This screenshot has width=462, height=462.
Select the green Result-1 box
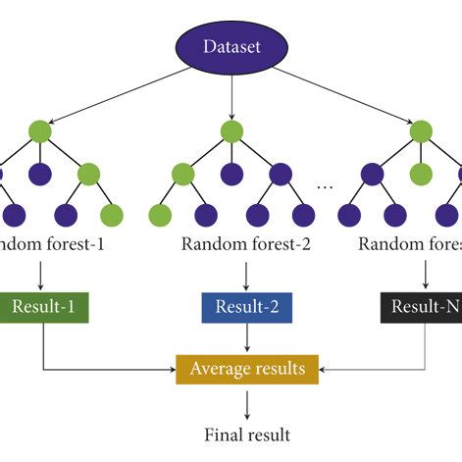44,308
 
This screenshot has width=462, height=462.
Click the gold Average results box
247,369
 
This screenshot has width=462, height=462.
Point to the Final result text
246,433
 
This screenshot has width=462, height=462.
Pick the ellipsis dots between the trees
327,186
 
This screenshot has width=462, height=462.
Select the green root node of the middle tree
231,130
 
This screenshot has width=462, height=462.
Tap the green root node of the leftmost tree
40,130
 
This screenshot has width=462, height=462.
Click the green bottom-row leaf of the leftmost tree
112,215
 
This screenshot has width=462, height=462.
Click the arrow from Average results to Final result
247,401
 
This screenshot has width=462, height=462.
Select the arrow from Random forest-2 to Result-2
247,274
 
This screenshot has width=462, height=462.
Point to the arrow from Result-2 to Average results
247,338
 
